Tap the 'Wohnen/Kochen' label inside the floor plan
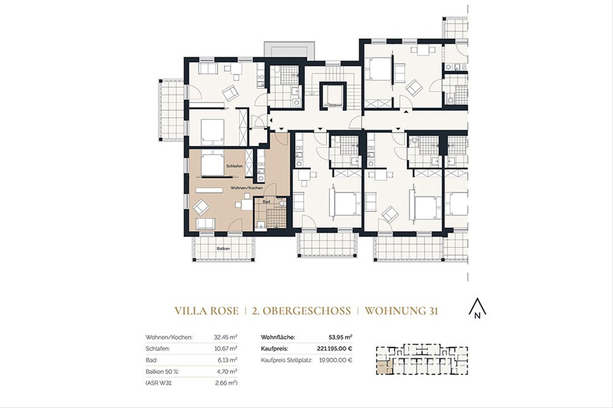tap(247, 188)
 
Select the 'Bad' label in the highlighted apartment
tap(266, 202)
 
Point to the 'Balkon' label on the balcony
tap(222, 248)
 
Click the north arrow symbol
tap(478, 309)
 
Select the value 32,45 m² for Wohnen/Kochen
tap(225, 337)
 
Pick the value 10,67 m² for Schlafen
tap(225, 348)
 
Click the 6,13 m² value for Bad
tap(227, 360)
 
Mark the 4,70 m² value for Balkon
tap(227, 371)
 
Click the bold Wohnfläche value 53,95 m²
tap(341, 337)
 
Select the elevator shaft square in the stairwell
tap(331, 95)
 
